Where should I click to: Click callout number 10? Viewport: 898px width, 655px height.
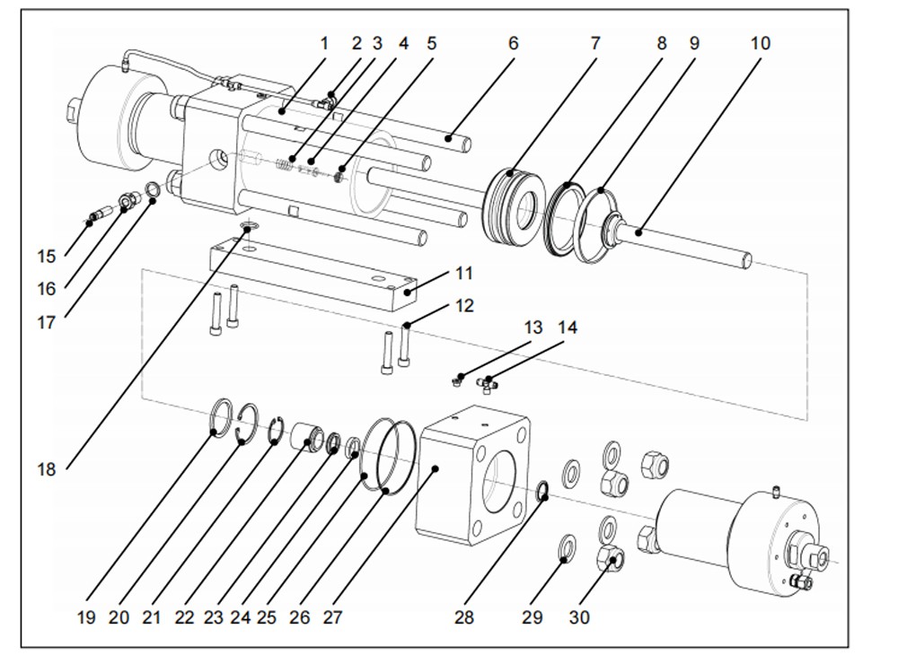point(760,43)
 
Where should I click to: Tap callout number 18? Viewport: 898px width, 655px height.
point(47,468)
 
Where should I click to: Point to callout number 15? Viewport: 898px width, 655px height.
point(47,257)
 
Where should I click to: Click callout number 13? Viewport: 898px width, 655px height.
point(533,327)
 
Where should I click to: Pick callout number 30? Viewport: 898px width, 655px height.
point(579,617)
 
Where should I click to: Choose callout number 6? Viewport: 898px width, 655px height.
point(513,43)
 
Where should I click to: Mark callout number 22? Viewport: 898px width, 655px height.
point(185,617)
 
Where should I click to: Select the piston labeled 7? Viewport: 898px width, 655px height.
point(515,204)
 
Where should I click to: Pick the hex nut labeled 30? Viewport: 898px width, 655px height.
point(611,561)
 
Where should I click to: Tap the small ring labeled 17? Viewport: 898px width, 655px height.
point(154,191)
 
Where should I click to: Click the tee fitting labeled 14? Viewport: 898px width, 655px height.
point(487,384)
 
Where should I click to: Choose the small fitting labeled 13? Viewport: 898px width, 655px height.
point(459,380)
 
